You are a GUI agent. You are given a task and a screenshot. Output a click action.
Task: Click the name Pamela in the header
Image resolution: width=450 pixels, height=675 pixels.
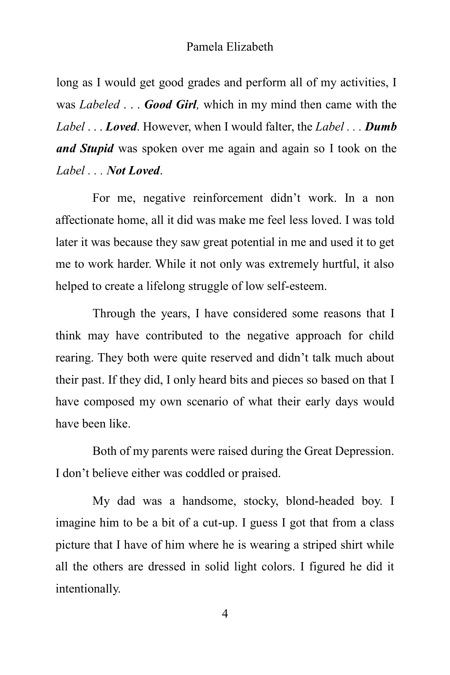point(204,47)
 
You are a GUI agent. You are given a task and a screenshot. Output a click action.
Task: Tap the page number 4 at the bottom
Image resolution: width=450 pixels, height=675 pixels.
point(225,614)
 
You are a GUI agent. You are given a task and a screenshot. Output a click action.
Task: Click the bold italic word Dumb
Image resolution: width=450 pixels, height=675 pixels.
point(381,127)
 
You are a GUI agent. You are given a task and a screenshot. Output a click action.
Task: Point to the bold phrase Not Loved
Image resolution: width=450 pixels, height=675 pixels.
point(133,171)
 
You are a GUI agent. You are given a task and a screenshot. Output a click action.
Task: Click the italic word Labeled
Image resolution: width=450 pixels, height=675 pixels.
point(99,104)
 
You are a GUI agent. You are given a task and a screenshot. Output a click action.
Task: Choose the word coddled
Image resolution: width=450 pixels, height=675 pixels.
point(203,473)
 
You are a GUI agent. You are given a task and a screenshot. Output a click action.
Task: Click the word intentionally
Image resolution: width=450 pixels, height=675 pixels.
point(88,588)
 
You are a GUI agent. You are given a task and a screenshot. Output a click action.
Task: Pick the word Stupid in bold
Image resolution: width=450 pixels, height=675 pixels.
point(96,148)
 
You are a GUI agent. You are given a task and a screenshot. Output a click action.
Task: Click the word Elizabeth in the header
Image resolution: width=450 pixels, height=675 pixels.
point(249,47)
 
